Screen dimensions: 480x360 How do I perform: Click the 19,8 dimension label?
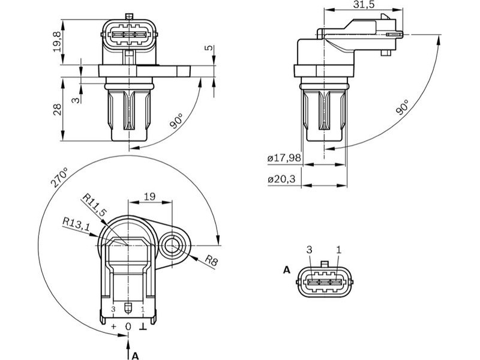tap(58, 41)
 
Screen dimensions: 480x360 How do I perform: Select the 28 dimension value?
tap(58, 109)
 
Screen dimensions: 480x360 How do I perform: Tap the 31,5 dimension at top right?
tap(364, 5)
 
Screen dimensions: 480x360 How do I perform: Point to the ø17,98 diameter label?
tap(284, 158)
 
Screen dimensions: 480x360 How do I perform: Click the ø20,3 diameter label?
tap(281, 179)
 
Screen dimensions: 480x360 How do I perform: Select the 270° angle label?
tap(59, 177)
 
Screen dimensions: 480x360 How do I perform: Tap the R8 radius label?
tap(211, 260)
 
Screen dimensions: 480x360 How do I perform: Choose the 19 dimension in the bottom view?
tap(149, 197)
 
